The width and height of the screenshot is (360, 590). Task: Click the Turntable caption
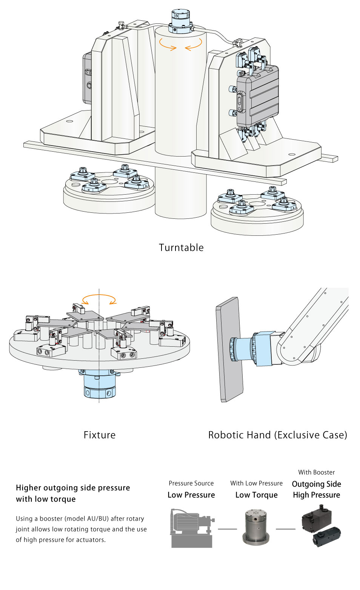(x=181, y=247)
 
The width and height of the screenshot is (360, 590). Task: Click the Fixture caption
(x=100, y=435)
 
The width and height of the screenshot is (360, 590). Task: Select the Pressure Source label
(x=191, y=483)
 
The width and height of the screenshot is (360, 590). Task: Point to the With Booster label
(x=316, y=472)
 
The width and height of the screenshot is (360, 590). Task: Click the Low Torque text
(x=256, y=495)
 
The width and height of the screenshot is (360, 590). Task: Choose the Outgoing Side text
(x=316, y=484)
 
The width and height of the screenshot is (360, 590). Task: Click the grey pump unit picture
(x=192, y=528)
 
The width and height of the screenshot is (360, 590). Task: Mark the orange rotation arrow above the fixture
(x=99, y=300)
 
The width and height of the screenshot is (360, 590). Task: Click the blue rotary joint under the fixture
(x=99, y=384)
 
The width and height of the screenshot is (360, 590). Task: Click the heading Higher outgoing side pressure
(x=73, y=488)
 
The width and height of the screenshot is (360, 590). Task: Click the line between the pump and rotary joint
(x=227, y=529)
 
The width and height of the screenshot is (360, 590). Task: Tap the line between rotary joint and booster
(x=285, y=529)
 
